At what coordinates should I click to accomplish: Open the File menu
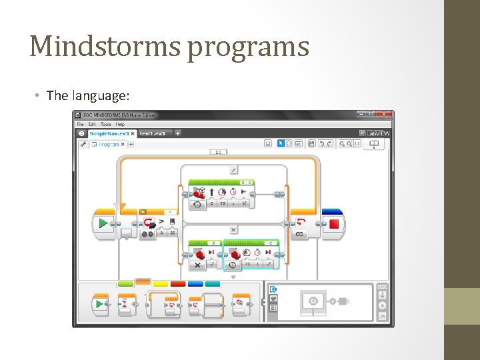click(80, 124)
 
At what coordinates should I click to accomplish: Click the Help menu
click(121, 124)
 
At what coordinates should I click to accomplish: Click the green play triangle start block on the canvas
click(103, 223)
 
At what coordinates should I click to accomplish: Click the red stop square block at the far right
click(333, 223)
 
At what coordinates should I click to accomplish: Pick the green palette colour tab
click(126, 284)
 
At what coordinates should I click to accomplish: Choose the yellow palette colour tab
click(161, 284)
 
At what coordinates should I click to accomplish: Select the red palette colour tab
click(178, 284)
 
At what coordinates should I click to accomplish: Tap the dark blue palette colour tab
click(195, 284)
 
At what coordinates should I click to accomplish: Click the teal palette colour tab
click(213, 284)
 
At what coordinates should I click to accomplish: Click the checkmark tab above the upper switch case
click(233, 170)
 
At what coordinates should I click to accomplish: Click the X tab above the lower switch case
click(233, 229)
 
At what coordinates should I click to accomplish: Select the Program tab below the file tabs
click(107, 144)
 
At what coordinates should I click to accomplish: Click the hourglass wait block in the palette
click(125, 305)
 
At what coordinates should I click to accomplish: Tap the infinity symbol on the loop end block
click(299, 234)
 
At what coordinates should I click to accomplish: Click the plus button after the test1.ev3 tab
click(178, 133)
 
